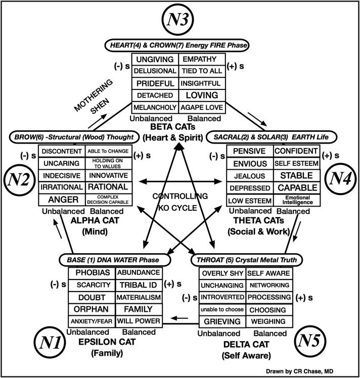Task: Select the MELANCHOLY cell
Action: tap(155, 107)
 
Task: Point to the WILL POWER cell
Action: tap(139, 321)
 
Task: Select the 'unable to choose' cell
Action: tap(221, 310)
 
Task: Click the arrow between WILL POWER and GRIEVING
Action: tap(180, 318)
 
